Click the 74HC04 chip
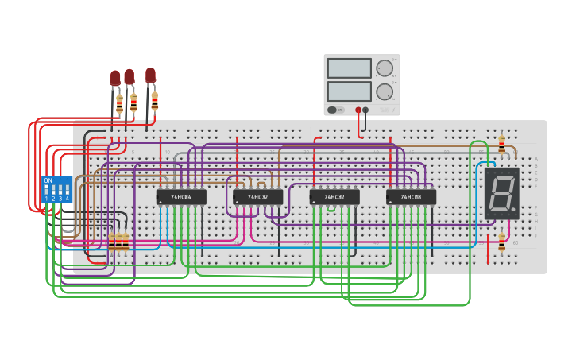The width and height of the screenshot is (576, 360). click(181, 197)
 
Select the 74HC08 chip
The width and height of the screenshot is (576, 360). click(411, 197)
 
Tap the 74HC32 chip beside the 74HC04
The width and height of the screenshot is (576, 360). click(257, 197)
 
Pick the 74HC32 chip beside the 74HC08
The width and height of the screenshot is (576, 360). click(334, 197)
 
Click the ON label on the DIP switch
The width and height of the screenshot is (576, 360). click(48, 180)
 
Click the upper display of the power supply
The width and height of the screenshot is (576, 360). click(349, 68)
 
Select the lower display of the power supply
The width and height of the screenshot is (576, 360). click(349, 91)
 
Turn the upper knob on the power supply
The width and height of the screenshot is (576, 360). click(385, 68)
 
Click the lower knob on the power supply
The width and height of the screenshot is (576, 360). click(385, 91)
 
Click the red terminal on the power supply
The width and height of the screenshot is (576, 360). click(358, 110)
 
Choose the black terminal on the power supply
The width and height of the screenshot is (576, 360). click(365, 110)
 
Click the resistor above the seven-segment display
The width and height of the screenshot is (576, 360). click(501, 145)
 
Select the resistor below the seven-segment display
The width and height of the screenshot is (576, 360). click(501, 242)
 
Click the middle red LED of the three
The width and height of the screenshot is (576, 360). click(130, 76)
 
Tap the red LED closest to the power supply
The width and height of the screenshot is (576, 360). click(150, 75)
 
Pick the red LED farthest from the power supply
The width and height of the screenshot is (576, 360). click(115, 78)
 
